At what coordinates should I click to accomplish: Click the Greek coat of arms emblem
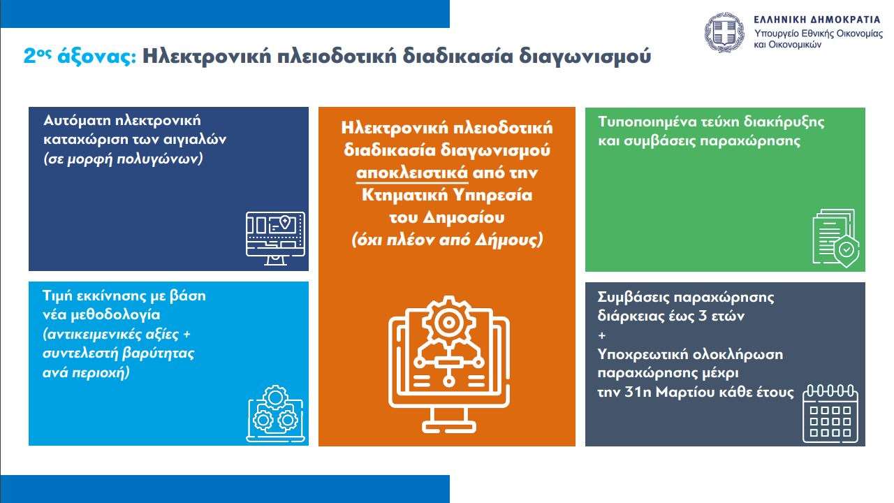point(724,32)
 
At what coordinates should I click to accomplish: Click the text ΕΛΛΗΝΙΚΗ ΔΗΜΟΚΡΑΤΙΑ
point(817,20)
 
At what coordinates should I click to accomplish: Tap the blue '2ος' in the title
point(38,56)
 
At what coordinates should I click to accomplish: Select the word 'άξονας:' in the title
point(97,57)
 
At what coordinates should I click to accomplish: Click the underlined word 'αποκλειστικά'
point(412,173)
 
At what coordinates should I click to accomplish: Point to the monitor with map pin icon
point(275,238)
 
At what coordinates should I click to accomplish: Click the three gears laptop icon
point(275,414)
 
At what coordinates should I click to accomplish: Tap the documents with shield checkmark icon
point(836,238)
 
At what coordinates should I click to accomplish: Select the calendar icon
point(830,414)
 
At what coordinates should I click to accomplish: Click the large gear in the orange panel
point(449,322)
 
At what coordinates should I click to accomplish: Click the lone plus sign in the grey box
point(602,335)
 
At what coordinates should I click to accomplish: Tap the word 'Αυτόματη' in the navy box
point(78,120)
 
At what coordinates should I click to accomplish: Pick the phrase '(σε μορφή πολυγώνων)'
point(124,159)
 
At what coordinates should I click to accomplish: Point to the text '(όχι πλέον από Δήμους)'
point(447,240)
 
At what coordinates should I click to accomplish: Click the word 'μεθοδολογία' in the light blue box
point(115,314)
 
